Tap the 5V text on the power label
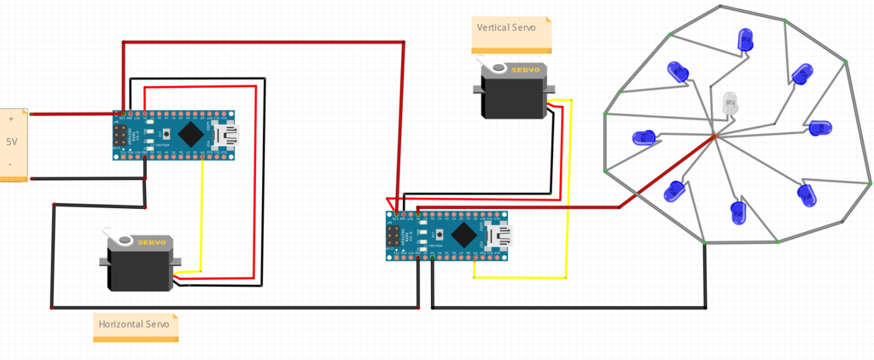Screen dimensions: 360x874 [11, 142]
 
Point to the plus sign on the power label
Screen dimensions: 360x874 [11, 120]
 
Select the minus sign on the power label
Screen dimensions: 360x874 [10, 163]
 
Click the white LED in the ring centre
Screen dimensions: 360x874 [730, 103]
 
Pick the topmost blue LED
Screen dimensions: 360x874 [745, 39]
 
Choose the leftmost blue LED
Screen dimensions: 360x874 [643, 137]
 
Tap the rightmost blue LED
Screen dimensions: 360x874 [819, 128]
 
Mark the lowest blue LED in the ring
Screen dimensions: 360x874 [739, 212]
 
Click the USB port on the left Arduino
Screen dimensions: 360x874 [227, 134]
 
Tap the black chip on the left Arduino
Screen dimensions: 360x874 [191, 133]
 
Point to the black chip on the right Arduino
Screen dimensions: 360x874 [464, 233]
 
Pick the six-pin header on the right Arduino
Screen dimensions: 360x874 [394, 235]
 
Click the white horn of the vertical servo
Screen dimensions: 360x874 [488, 66]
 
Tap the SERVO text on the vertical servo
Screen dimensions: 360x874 [524, 70]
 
